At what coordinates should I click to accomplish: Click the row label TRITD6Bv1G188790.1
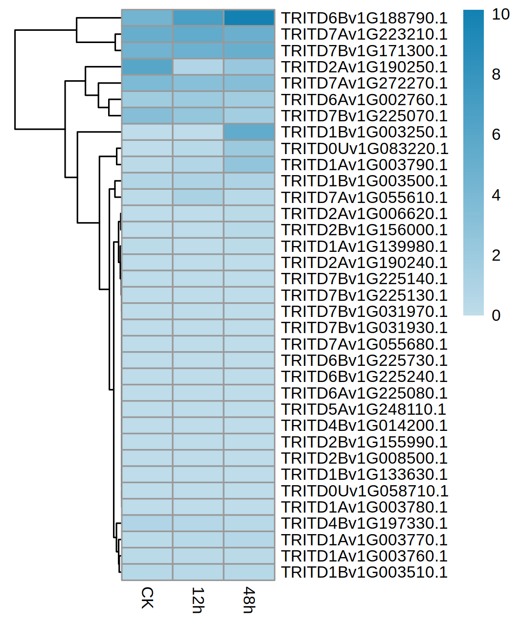pyautogui.click(x=364, y=18)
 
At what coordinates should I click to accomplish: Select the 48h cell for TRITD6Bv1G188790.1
pyautogui.click(x=249, y=18)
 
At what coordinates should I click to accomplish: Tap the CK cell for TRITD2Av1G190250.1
pyautogui.click(x=147, y=67)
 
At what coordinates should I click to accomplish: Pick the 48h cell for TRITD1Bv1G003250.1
pyautogui.click(x=249, y=132)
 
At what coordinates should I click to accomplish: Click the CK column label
pyautogui.click(x=147, y=598)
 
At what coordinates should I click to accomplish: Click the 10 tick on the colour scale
pyautogui.click(x=500, y=14)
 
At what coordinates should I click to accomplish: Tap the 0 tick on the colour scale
pyautogui.click(x=496, y=315)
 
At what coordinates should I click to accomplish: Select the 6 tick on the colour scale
pyautogui.click(x=496, y=135)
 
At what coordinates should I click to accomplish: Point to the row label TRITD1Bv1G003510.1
pyautogui.click(x=364, y=572)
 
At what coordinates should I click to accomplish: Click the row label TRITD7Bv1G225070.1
pyautogui.click(x=364, y=116)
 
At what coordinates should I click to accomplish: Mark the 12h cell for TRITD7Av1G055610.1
pyautogui.click(x=198, y=197)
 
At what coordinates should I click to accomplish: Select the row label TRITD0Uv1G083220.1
pyautogui.click(x=364, y=149)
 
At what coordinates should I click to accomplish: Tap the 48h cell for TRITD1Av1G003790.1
pyautogui.click(x=249, y=165)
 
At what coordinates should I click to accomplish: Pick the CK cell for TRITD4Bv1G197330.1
pyautogui.click(x=147, y=523)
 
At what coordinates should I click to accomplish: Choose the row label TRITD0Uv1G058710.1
pyautogui.click(x=364, y=491)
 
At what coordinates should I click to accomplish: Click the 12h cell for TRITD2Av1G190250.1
pyautogui.click(x=198, y=67)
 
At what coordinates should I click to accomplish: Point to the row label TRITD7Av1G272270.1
pyautogui.click(x=364, y=83)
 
